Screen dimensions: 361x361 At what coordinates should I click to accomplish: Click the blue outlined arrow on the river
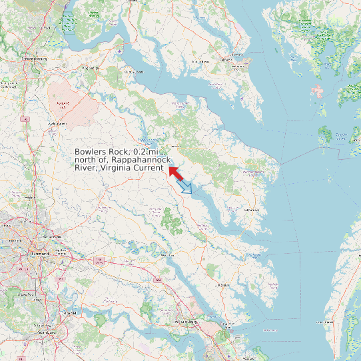186,187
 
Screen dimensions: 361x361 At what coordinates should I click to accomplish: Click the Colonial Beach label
130,72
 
